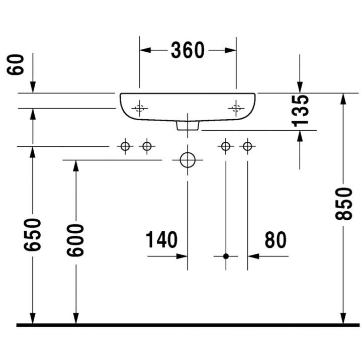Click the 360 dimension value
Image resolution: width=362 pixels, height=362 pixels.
tap(188, 50)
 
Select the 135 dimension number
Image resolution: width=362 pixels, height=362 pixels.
tap(300, 110)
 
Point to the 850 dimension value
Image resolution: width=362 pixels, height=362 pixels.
tap(344, 204)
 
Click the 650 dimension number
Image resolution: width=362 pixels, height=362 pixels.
tap(33, 236)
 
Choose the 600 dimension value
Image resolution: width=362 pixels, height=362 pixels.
tap(76, 240)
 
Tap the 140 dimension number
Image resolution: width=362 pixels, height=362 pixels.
tap(162, 240)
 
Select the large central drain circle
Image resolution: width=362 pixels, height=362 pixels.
tap(188, 160)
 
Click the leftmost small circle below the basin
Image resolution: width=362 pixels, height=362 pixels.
tap(125, 146)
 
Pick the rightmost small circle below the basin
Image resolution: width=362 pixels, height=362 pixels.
tap(247, 146)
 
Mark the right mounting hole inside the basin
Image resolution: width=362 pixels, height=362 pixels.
tap(235, 107)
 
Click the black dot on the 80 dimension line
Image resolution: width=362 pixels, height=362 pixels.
tap(226, 256)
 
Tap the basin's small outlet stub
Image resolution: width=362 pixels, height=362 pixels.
tap(188, 126)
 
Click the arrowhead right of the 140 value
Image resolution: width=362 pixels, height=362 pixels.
tap(182, 256)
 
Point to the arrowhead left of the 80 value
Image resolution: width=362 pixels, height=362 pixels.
tap(253, 256)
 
